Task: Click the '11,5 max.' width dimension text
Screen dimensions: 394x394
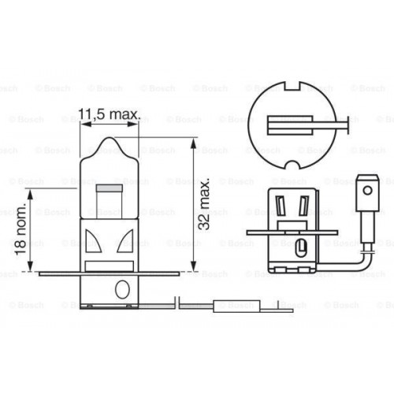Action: point(112,115)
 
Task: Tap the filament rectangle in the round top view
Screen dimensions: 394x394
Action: point(284,124)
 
